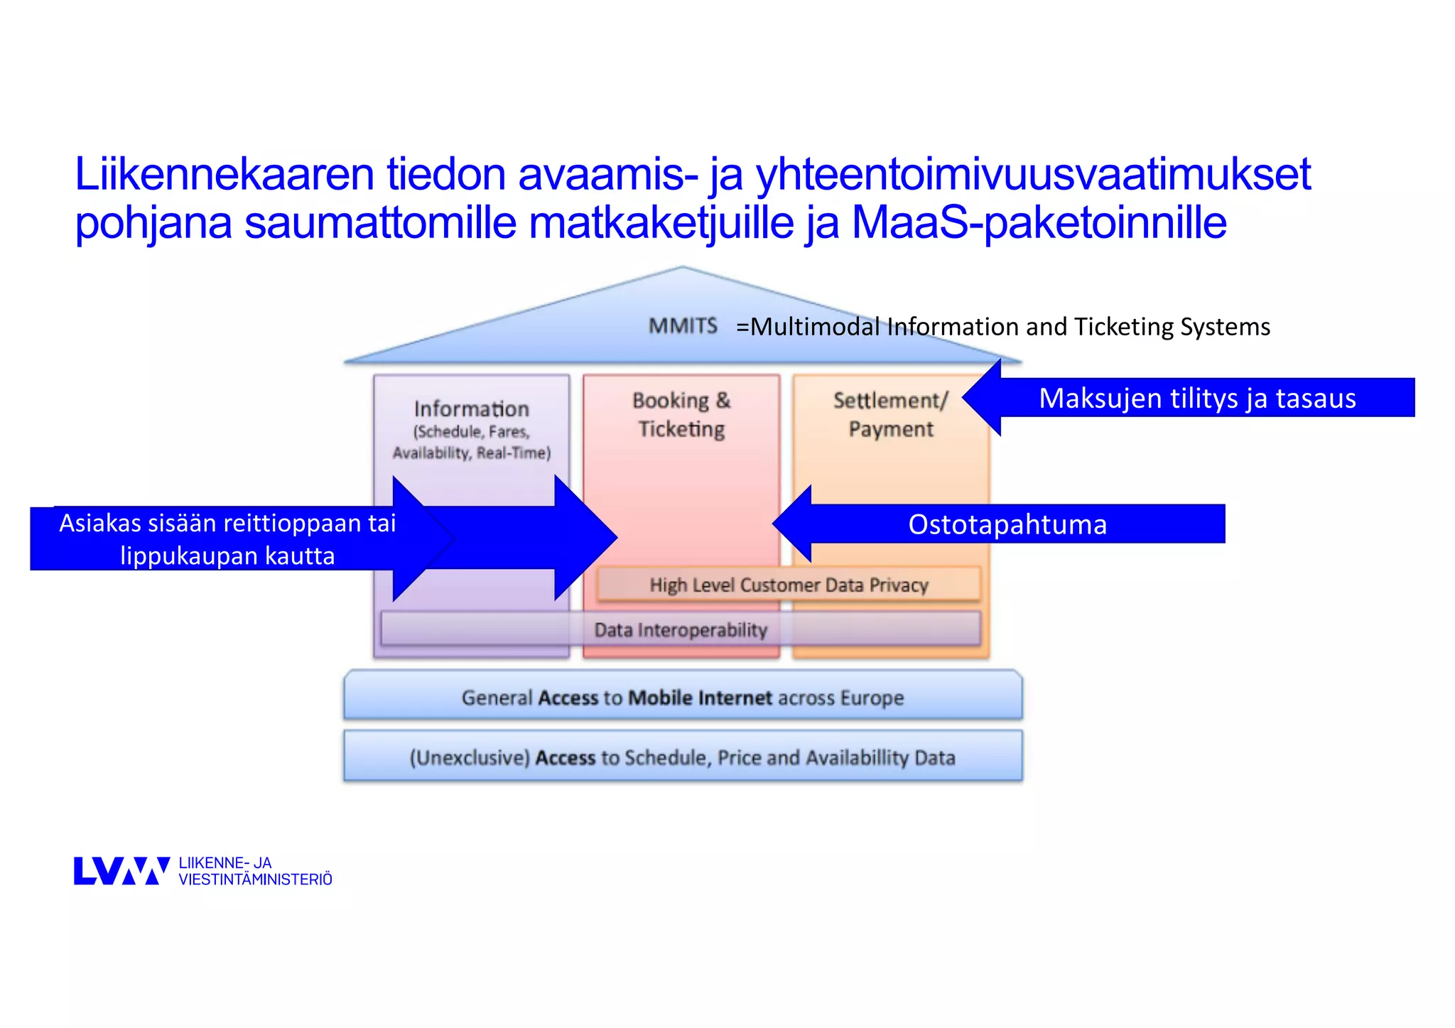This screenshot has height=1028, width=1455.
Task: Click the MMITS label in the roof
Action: click(683, 326)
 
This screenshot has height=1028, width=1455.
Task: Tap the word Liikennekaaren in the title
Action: click(224, 174)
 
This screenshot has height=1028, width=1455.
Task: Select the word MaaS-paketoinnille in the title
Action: click(1039, 222)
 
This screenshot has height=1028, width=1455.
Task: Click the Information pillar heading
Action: click(472, 409)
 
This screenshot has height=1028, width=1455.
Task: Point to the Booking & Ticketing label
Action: click(681, 415)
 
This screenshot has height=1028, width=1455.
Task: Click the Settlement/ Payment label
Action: click(890, 415)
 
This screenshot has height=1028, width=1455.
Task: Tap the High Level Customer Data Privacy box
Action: click(789, 585)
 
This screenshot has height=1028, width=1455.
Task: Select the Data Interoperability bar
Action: click(681, 630)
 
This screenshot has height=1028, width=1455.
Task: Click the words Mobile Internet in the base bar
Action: click(700, 698)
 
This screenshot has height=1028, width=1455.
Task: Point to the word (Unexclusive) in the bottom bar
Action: click(470, 758)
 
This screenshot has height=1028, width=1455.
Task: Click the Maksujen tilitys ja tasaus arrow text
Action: click(1197, 399)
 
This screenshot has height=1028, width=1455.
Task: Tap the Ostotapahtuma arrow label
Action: click(1007, 524)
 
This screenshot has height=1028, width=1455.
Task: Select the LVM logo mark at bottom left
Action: click(121, 871)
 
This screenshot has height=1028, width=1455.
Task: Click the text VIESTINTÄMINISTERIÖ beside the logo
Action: click(255, 880)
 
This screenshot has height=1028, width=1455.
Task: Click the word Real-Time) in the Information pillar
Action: click(513, 453)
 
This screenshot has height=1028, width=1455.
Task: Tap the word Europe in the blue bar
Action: click(872, 698)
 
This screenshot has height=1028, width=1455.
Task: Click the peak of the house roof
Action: click(683, 269)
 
